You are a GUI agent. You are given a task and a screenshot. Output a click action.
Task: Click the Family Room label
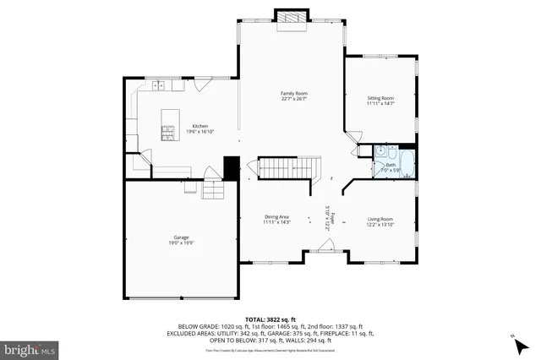292,92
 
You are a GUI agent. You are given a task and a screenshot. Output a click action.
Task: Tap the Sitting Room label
380,98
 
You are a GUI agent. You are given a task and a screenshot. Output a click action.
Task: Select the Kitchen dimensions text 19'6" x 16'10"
200,131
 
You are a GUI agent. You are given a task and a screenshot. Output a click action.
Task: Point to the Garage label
182,237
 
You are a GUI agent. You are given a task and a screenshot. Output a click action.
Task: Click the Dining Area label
276,217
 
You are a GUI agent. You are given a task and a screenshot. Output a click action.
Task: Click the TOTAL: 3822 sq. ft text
270,318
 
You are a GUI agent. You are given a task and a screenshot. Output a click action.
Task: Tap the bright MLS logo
30,348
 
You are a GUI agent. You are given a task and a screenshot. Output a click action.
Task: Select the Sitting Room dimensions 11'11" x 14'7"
380,104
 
